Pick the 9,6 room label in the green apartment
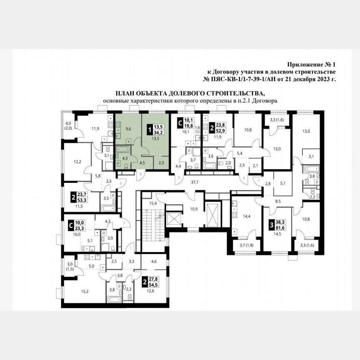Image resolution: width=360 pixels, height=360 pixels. [128, 129]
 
